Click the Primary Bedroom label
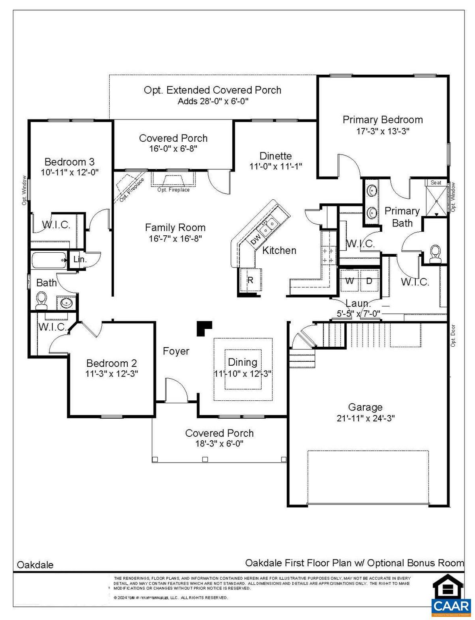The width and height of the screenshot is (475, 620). point(382,120)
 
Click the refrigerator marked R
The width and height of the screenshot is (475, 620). point(250,280)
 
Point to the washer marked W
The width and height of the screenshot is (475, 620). point(350,281)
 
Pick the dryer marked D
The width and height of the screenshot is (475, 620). point(369,281)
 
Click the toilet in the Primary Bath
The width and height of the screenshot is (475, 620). point(435,253)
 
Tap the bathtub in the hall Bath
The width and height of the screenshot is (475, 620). point(49,260)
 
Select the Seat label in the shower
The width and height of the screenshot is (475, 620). point(436,182)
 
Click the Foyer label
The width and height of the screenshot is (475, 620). point(176,351)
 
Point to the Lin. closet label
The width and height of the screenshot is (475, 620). point(80,260)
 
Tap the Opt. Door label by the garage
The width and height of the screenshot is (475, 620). point(453,335)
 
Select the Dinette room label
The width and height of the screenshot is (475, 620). point(275,156)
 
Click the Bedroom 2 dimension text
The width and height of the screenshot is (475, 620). point(112,374)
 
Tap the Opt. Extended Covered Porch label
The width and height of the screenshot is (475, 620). point(212,90)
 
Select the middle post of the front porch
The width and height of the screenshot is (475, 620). point(205,459)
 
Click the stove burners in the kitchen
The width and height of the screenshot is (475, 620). point(328,256)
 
